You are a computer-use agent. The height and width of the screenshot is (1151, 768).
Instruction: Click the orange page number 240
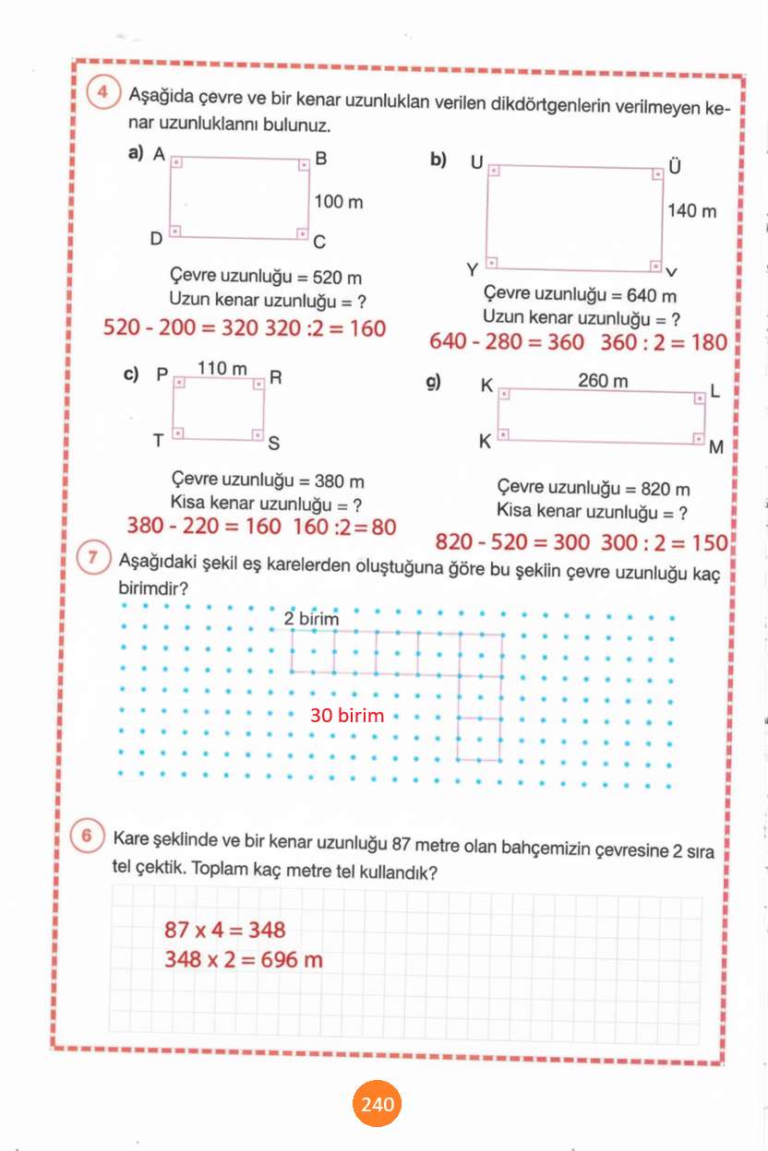click(x=378, y=1104)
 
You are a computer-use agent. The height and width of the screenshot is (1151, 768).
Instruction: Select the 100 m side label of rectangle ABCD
click(x=339, y=201)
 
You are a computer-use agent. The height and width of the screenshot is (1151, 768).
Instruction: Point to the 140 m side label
click(x=691, y=211)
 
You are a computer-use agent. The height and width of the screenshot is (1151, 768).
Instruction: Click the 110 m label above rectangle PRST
click(x=222, y=369)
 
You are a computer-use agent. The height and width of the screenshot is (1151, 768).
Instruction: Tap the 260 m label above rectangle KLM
click(x=603, y=380)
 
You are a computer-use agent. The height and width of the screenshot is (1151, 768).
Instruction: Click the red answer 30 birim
click(x=347, y=715)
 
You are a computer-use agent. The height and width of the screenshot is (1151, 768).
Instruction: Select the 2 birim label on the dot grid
click(x=311, y=619)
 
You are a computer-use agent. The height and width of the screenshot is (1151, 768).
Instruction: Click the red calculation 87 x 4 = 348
click(x=225, y=930)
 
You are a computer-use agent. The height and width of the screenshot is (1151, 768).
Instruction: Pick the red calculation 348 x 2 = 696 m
click(x=244, y=959)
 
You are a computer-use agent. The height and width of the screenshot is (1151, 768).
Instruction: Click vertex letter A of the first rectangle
click(x=159, y=155)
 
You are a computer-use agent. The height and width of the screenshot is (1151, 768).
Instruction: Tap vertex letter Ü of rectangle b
click(x=675, y=166)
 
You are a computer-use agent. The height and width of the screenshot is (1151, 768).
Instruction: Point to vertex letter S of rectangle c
click(x=273, y=445)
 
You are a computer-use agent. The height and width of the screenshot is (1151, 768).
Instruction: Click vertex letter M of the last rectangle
click(x=716, y=449)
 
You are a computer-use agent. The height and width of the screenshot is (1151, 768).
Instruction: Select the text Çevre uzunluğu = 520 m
click(x=266, y=277)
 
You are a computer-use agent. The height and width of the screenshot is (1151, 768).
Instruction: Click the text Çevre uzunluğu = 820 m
click(x=593, y=489)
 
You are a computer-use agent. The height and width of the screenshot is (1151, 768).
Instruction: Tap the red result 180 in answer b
click(x=710, y=342)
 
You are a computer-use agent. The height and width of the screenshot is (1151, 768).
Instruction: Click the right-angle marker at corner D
click(x=175, y=231)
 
